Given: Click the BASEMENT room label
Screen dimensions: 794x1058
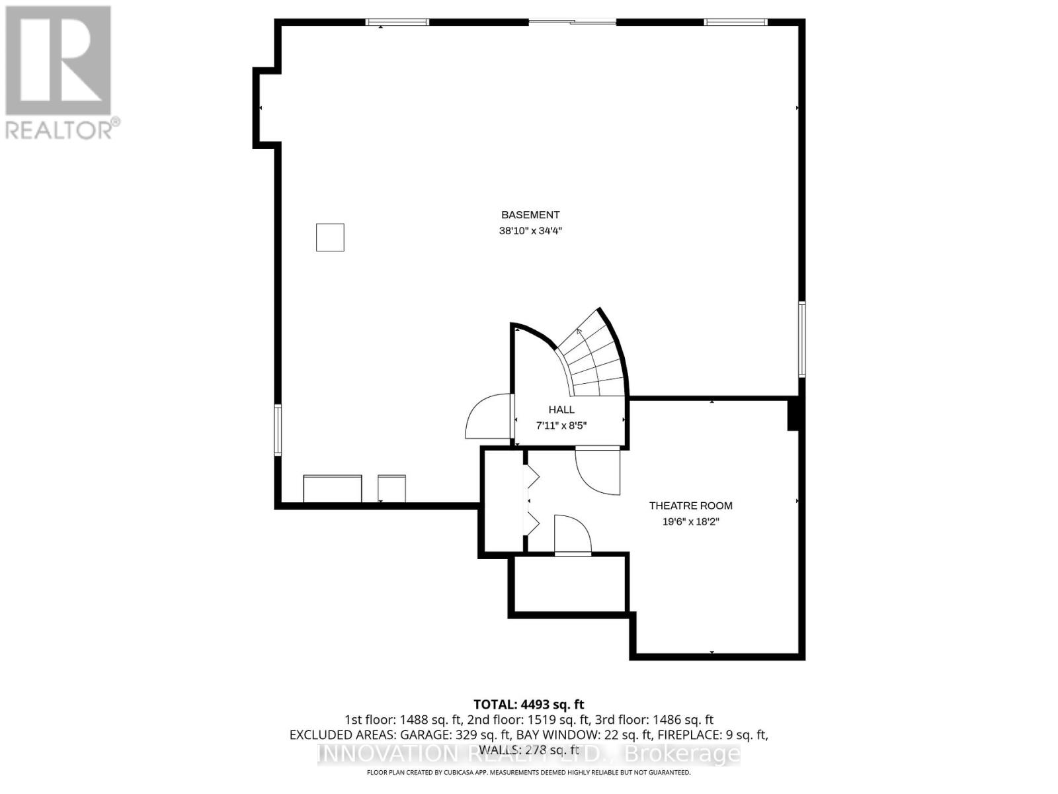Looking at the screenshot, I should (x=530, y=215).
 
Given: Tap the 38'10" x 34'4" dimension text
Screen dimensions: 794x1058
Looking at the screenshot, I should (x=530, y=231).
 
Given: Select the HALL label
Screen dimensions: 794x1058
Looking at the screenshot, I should (x=561, y=410).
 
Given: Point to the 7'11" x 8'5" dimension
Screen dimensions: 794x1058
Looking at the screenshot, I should (x=561, y=425).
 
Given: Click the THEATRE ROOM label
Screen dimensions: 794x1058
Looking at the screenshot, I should (x=690, y=506).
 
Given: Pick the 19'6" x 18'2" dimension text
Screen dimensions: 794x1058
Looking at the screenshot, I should (x=690, y=521).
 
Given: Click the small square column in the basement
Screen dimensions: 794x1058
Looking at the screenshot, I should (x=330, y=238).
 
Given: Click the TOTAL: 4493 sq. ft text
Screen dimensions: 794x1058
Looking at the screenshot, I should (x=529, y=705).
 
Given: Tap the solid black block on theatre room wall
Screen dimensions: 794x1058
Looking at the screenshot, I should (x=794, y=415).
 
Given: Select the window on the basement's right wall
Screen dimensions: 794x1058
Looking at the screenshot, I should (x=801, y=339).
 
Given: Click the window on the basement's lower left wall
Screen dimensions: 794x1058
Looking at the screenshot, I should (x=278, y=430).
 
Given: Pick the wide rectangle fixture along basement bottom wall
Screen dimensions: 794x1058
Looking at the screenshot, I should (x=333, y=489).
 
